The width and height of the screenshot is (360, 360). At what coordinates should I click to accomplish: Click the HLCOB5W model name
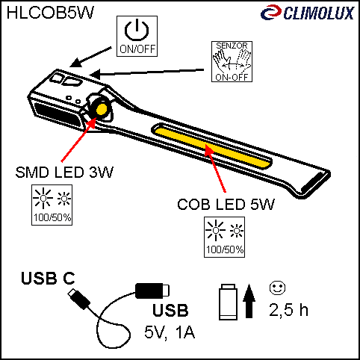coord(50,13)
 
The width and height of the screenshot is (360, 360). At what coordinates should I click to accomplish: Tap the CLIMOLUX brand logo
coord(308,13)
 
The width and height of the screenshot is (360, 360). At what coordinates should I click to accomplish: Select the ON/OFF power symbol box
coord(137,36)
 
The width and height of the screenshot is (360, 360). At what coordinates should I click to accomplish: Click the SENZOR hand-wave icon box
coord(232,61)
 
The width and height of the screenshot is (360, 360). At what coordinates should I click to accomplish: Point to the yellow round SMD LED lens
coord(102,109)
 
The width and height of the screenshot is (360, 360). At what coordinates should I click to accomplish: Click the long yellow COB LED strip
coord(211,147)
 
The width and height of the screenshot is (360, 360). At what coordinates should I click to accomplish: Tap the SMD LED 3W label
coord(64,172)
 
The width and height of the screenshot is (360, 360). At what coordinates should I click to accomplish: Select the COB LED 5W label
coord(226,205)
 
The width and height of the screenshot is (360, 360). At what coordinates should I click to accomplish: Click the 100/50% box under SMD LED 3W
coord(52,205)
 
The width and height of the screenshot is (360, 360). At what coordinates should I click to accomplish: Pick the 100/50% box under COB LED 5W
coord(224,237)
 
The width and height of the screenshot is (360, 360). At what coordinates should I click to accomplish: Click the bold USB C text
coord(48,278)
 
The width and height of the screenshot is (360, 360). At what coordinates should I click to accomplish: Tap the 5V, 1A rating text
coord(170,332)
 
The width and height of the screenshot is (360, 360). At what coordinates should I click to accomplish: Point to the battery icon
coord(228,302)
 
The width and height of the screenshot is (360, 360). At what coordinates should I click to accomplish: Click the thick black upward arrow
coord(249,301)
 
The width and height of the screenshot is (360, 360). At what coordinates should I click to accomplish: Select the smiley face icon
coord(277,288)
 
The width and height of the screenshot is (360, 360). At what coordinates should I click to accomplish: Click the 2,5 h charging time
coord(288,310)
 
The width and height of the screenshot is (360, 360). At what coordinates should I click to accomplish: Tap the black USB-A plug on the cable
coord(152,291)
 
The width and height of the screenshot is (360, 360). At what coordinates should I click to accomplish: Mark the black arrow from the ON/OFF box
coord(90,57)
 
